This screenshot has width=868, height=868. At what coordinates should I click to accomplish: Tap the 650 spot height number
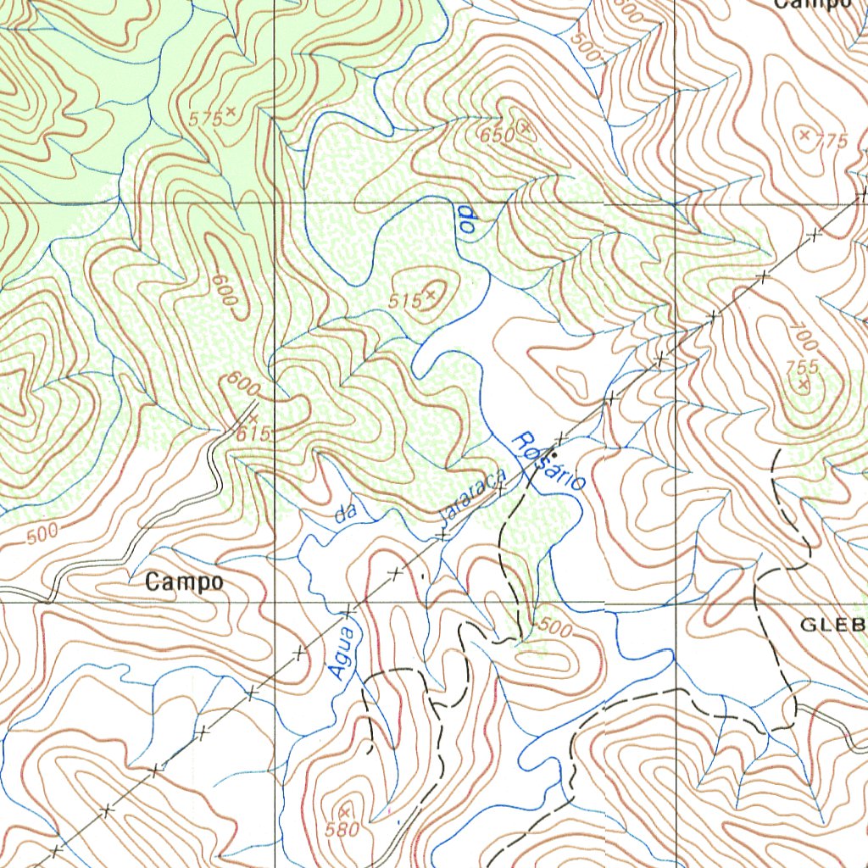pos(498,136)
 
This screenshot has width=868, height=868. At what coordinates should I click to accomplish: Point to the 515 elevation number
pos(405,301)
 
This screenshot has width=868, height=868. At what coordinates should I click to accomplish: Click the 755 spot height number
pos(801,367)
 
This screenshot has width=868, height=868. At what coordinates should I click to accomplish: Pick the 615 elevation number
pos(253,433)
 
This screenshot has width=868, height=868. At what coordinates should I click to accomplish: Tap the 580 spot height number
pos(342,830)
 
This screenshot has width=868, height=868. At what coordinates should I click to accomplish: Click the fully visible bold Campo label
pos(184,582)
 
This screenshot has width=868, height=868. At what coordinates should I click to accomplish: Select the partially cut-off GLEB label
pos(834,626)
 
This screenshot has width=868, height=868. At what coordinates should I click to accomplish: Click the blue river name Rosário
pos(549,462)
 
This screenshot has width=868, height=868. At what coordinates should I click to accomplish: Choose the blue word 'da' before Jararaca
pos(345,514)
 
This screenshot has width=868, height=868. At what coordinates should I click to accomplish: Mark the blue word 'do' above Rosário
pos(465,219)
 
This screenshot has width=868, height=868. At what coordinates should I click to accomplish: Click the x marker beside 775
pos(804,134)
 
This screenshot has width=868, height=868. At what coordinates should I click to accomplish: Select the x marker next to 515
pos(431,294)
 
